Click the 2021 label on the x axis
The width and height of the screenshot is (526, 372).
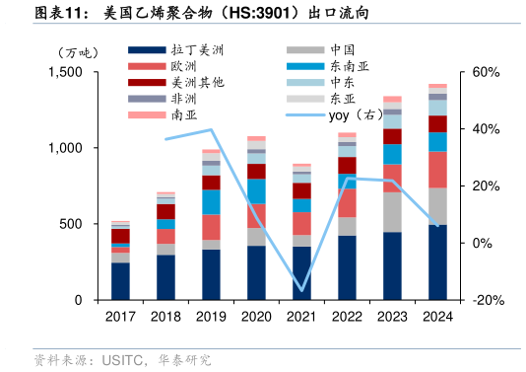(301, 316)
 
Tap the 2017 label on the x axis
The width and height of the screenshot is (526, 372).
(120, 316)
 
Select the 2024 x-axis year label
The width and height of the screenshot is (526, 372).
(437, 316)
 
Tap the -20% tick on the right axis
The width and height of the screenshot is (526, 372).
(490, 300)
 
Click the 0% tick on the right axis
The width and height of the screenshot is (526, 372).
(486, 243)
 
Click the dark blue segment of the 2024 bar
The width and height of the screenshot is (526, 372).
(437, 261)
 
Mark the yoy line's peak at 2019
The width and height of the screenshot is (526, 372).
(211, 129)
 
